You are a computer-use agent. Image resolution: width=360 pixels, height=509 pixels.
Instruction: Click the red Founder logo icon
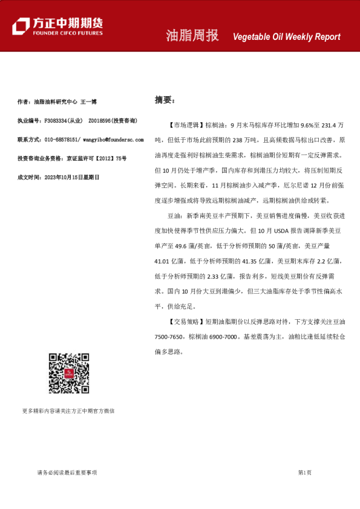click(21, 26)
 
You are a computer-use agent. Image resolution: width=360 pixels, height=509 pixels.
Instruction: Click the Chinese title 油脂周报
click(192, 36)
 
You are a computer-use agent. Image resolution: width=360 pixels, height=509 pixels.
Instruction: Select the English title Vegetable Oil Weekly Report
click(286, 37)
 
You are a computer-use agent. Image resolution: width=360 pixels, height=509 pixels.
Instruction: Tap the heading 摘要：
click(165, 100)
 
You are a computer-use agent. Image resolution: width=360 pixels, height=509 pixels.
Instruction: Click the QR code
click(68, 374)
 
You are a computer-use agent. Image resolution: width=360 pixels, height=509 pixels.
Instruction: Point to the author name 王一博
click(89, 102)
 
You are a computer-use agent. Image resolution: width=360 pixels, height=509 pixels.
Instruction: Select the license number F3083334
click(54, 121)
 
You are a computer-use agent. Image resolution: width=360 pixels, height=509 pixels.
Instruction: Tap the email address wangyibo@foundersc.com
click(113, 140)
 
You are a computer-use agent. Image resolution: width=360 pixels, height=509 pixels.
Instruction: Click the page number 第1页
click(304, 472)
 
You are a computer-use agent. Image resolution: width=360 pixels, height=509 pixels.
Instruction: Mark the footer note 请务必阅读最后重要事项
click(67, 472)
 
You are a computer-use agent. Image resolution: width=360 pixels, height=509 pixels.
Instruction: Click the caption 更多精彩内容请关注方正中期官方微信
click(68, 410)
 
